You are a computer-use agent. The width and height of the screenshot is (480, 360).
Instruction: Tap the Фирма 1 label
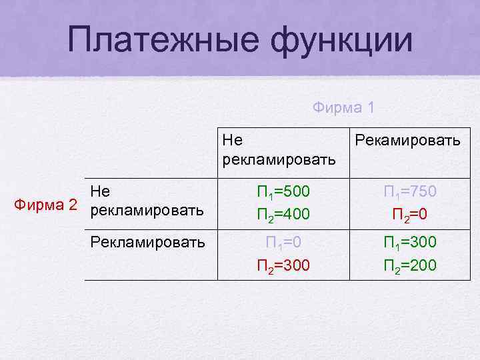(x=344, y=107)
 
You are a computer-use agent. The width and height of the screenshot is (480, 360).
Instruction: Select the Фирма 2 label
(x=47, y=202)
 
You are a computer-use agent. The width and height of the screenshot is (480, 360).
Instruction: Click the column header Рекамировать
(x=407, y=141)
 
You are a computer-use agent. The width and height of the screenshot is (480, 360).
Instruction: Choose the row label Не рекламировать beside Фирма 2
(x=147, y=201)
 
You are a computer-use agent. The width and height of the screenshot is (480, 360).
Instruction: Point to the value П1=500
(x=283, y=192)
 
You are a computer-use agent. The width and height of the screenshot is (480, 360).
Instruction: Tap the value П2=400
(x=283, y=215)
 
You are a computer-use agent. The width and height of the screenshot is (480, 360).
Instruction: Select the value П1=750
(x=410, y=192)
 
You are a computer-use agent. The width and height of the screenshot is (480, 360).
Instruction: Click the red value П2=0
(x=410, y=215)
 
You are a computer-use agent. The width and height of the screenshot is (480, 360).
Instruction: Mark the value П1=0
(x=283, y=241)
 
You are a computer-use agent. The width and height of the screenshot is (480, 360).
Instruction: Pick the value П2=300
(x=283, y=265)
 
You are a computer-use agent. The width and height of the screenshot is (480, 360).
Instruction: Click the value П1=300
(x=410, y=241)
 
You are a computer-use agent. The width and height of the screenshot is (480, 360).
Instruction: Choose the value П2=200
(x=410, y=265)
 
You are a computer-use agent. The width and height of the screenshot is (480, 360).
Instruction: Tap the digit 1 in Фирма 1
(x=371, y=107)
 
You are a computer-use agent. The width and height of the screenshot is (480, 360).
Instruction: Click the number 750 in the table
(x=423, y=192)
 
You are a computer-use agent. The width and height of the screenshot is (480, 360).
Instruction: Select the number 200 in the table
(x=423, y=265)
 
